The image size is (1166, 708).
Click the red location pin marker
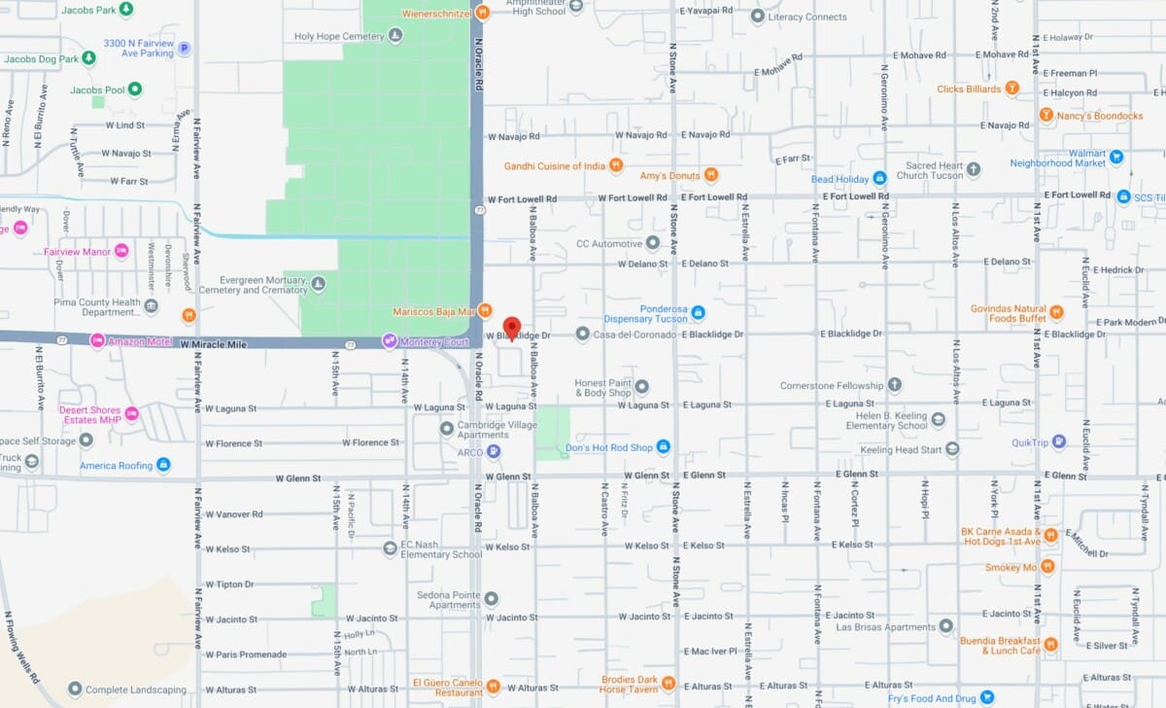(511, 328)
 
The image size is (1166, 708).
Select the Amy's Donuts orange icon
(711, 175)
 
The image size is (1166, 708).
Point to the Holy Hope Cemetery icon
(395, 36)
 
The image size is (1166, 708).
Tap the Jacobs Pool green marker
(135, 89)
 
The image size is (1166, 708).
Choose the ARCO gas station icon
(495, 451)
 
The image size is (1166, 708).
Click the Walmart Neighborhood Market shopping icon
(1116, 156)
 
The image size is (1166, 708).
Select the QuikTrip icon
(1059, 442)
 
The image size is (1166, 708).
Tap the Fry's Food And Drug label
(932, 697)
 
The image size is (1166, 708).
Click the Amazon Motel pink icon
(97, 340)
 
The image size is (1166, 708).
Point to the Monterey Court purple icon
(390, 341)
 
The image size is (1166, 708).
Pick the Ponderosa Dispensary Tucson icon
(698, 312)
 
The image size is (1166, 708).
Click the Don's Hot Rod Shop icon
(664, 447)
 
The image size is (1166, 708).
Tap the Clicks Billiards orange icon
(1012, 89)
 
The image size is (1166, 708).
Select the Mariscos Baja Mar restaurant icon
(485, 311)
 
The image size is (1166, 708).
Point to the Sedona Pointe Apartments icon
(492, 598)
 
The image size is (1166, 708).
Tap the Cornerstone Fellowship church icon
(894, 385)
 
